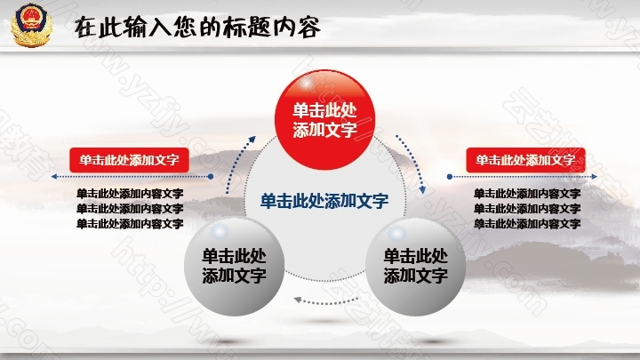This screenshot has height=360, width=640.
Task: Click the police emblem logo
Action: (x=31, y=25)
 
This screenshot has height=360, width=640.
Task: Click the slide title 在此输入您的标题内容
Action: (x=197, y=28)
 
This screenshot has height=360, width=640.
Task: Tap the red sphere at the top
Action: (x=325, y=119)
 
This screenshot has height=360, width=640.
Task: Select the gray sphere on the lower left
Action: (x=234, y=266)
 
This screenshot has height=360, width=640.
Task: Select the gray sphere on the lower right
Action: (x=415, y=266)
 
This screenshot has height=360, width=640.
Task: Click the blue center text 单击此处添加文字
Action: (x=324, y=201)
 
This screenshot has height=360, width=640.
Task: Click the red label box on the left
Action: (x=129, y=160)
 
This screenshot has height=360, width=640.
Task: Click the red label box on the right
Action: (x=525, y=160)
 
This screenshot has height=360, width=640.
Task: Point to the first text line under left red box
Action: (x=130, y=193)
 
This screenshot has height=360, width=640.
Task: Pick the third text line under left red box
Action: (x=130, y=223)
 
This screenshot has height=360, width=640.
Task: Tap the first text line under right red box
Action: (x=527, y=193)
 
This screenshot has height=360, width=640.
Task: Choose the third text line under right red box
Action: (x=527, y=223)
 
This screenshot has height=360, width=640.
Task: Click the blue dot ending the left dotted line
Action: (x=211, y=177)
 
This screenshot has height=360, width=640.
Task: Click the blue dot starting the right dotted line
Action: (x=450, y=177)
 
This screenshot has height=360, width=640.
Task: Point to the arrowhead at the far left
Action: (x=54, y=177)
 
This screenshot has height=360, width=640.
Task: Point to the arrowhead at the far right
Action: (x=595, y=177)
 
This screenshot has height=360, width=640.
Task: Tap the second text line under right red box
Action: (x=527, y=208)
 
